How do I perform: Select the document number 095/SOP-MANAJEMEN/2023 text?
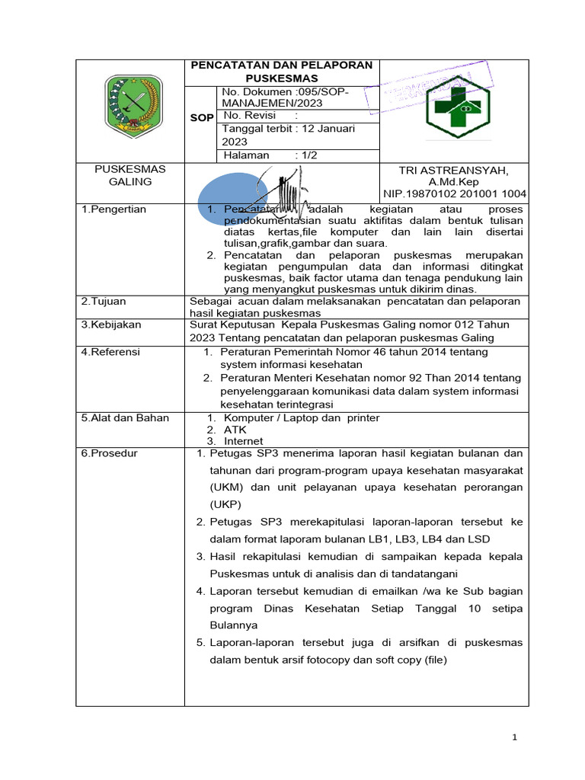pos(284,97)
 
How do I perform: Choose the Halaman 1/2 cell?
pos(262,155)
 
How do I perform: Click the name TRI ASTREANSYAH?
pos(453,170)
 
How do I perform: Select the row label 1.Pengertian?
pos(113,209)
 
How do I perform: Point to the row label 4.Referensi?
pos(110,352)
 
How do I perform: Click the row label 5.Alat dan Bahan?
pos(125,417)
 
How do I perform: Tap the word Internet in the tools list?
pos(243,441)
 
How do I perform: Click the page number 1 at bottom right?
pos(515,737)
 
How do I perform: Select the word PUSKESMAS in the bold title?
pos(281,78)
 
